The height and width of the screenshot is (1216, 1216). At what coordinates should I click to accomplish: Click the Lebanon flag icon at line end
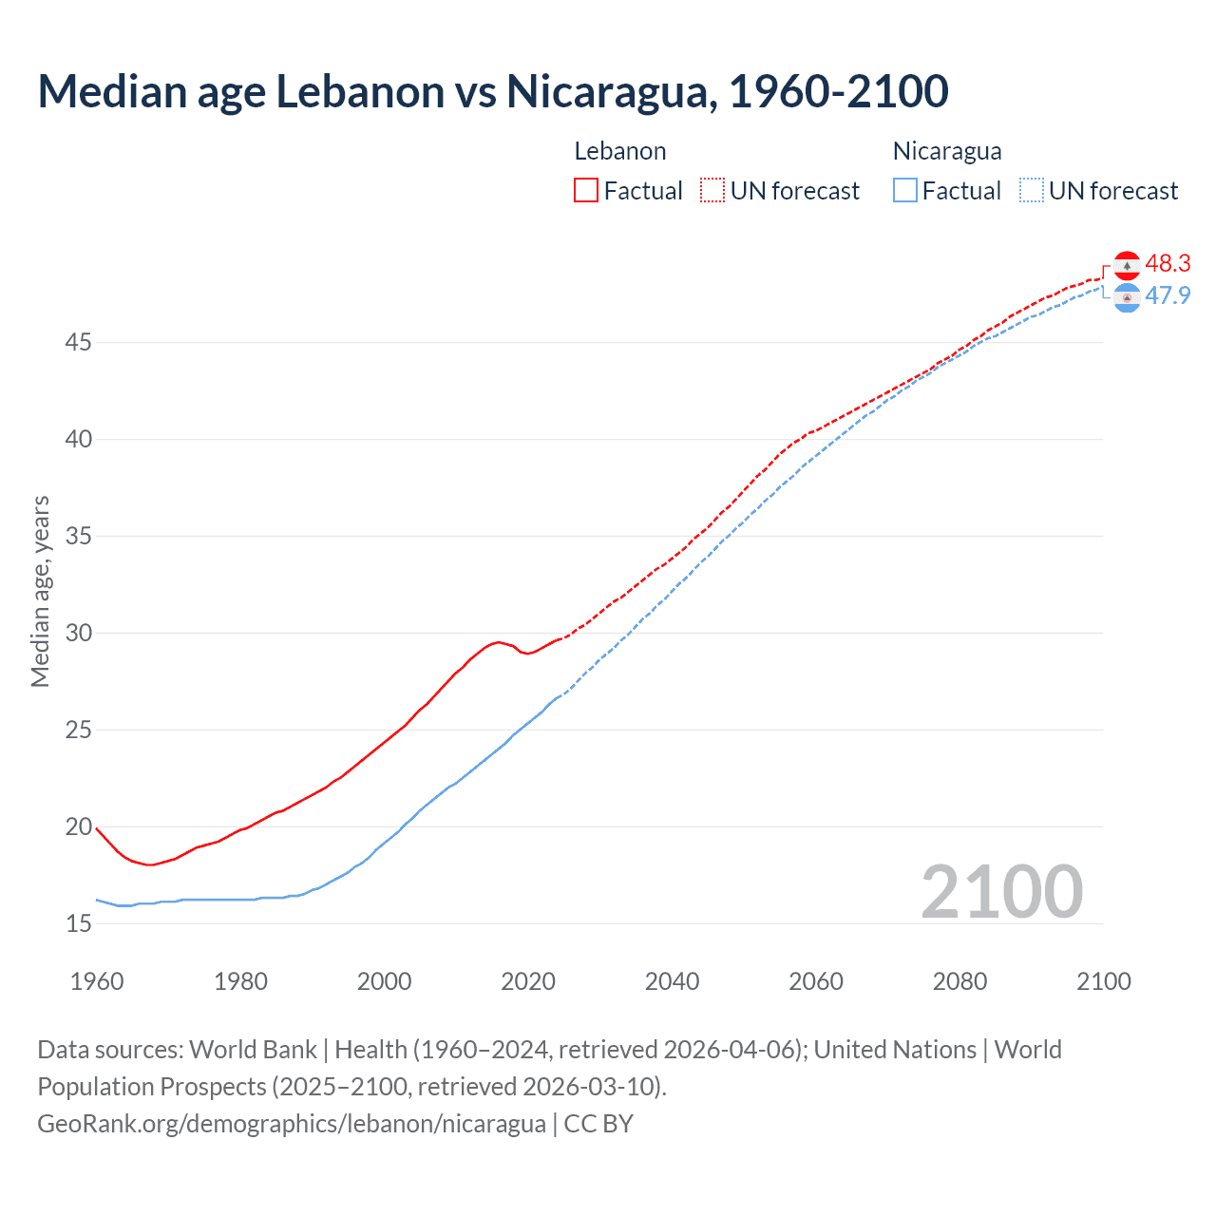click(1127, 265)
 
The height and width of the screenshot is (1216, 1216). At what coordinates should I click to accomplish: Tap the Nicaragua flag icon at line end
click(1127, 297)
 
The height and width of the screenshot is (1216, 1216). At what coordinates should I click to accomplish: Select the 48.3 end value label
click(1168, 263)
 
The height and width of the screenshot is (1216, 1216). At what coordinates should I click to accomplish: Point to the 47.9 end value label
click(1168, 295)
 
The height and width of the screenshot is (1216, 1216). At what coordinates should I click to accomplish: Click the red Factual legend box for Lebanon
click(586, 190)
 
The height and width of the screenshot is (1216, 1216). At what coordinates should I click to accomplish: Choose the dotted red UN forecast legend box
click(712, 190)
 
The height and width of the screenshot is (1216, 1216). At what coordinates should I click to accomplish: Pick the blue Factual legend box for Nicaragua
click(905, 190)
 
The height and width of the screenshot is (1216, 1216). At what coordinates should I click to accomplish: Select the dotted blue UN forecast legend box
click(1032, 190)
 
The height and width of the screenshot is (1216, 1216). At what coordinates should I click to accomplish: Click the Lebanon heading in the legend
click(620, 151)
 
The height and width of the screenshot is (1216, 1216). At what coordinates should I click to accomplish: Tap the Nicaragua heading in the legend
click(947, 151)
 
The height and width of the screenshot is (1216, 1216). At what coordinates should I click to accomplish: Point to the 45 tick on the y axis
click(78, 342)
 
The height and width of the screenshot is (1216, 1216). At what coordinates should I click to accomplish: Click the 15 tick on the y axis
click(78, 923)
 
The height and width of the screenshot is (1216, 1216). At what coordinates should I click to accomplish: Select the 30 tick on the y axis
click(78, 633)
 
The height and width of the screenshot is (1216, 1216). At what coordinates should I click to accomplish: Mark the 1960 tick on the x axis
click(97, 981)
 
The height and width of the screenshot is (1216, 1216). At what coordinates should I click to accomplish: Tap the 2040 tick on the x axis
click(672, 981)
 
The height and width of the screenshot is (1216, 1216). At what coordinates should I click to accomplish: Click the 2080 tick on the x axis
click(959, 981)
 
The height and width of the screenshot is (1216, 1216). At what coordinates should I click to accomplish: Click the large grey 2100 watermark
click(1002, 891)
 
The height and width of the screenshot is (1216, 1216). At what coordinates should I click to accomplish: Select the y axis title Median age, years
click(40, 591)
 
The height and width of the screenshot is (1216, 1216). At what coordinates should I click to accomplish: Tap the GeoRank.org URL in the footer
click(292, 1123)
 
